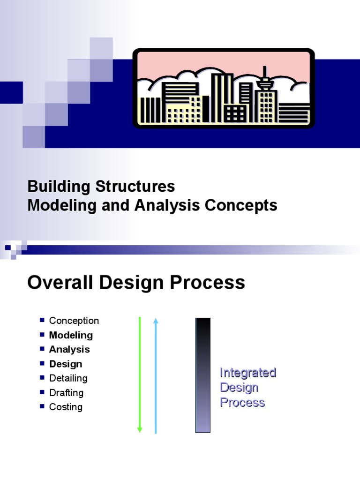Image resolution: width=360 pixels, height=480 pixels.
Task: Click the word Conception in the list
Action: pyautogui.click(x=74, y=321)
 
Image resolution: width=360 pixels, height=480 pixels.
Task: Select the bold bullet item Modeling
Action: pyautogui.click(x=71, y=335)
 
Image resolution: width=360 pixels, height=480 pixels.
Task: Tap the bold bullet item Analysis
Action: pyautogui.click(x=69, y=349)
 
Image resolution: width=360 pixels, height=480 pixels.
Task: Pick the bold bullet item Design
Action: pyautogui.click(x=66, y=364)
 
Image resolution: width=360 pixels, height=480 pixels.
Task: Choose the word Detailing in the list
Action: pyautogui.click(x=68, y=378)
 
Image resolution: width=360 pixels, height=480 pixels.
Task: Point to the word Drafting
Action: pyautogui.click(x=66, y=393)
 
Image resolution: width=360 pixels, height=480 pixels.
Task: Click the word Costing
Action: pyautogui.click(x=66, y=407)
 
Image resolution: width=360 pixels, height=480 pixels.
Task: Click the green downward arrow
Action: pyautogui.click(x=140, y=375)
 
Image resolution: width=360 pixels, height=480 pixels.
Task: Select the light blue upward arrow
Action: pyautogui.click(x=156, y=375)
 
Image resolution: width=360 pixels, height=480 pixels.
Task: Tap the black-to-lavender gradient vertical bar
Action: pyautogui.click(x=203, y=375)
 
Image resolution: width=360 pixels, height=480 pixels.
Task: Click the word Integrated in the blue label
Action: pyautogui.click(x=248, y=373)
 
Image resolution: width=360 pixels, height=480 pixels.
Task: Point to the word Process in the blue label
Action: pyautogui.click(x=242, y=403)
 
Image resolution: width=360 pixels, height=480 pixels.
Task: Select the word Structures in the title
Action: pyautogui.click(x=135, y=187)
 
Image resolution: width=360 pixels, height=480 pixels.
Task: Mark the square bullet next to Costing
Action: pyautogui.click(x=42, y=406)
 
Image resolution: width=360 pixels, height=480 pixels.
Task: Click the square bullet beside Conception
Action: pyautogui.click(x=42, y=321)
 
